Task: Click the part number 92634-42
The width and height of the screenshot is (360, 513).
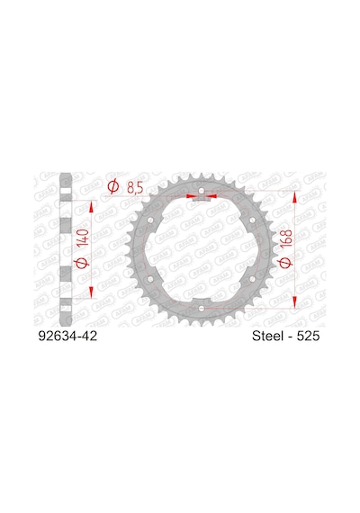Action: click(67, 336)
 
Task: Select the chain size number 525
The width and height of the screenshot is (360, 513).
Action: click(308, 336)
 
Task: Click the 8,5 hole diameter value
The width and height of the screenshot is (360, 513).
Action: click(134, 188)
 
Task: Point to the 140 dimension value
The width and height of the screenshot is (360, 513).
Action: click(83, 238)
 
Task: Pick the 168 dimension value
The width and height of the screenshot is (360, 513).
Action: click(287, 238)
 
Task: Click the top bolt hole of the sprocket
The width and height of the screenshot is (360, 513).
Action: click(202, 191)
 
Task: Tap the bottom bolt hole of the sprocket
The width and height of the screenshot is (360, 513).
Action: click(202, 309)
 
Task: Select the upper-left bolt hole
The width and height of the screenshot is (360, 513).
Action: click(150, 220)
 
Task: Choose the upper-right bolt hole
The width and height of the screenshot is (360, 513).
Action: click(252, 220)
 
